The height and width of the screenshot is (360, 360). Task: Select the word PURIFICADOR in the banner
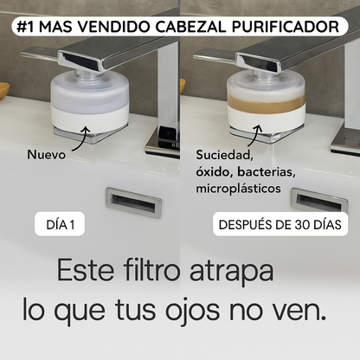tap(290, 26)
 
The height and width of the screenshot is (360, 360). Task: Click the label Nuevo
tap(47, 157)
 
